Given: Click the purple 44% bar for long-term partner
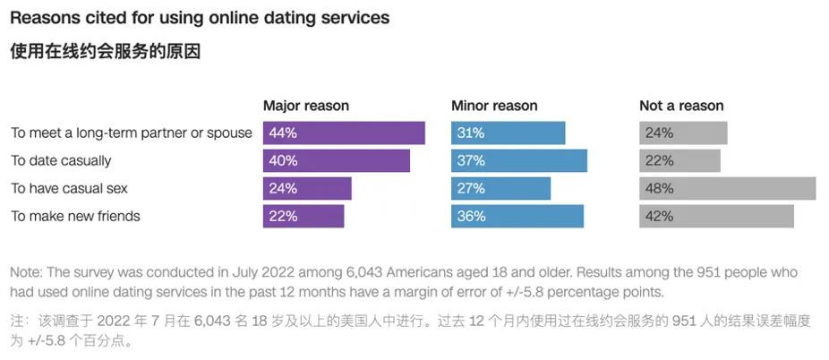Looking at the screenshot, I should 344,133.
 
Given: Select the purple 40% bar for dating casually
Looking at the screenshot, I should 336,160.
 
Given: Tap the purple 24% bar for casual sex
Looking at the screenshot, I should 307,188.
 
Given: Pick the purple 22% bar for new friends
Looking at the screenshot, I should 303,216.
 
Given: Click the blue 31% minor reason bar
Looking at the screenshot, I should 508,133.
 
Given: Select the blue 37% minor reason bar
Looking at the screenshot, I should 518,160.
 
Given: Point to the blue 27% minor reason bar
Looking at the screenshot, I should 500,188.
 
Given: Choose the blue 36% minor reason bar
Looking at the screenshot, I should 517,216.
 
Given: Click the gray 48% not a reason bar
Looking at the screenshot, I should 727,188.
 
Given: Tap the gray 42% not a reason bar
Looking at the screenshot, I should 716,216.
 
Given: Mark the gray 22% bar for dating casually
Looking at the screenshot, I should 679,160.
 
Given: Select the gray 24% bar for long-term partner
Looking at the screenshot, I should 683,133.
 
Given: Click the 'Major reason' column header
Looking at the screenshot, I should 305,106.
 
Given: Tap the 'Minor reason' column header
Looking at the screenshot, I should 494,106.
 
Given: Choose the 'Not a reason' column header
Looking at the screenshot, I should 681,106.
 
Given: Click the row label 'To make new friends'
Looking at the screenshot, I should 75,216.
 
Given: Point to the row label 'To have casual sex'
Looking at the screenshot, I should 70,188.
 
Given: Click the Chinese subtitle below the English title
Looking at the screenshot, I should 105,52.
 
